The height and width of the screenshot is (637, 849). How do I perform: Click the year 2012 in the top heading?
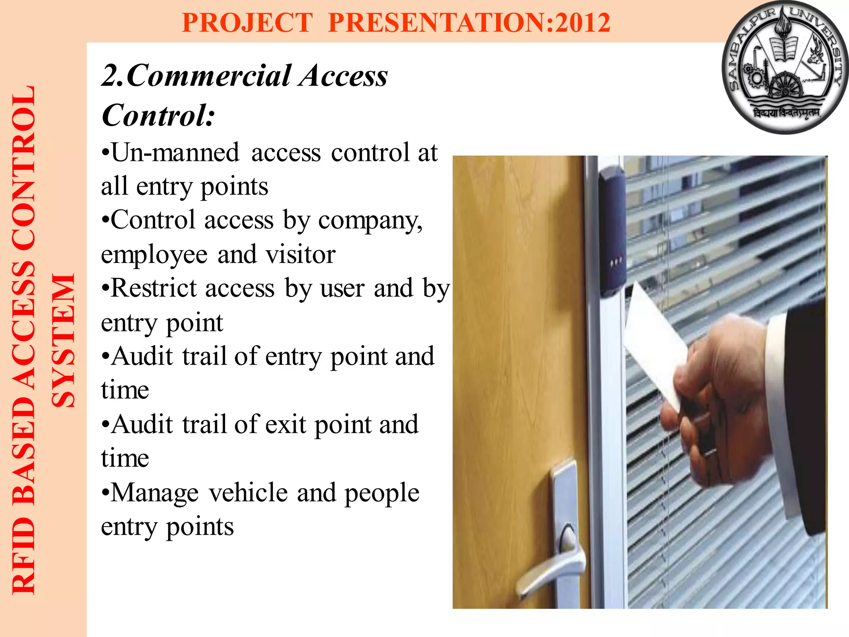(583, 22)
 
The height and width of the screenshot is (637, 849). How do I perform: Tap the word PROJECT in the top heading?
(247, 22)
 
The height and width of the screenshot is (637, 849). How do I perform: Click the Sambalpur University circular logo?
(785, 68)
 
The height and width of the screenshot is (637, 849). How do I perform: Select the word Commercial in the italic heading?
(209, 76)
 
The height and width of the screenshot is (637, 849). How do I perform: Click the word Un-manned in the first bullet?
(175, 152)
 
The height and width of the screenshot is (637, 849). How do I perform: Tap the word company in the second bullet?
(369, 221)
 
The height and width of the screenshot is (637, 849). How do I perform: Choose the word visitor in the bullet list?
(301, 254)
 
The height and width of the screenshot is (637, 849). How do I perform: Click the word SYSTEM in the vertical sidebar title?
(63, 340)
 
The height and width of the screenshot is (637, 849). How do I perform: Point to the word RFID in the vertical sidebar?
(24, 556)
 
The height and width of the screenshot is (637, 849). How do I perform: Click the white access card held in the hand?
(655, 344)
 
